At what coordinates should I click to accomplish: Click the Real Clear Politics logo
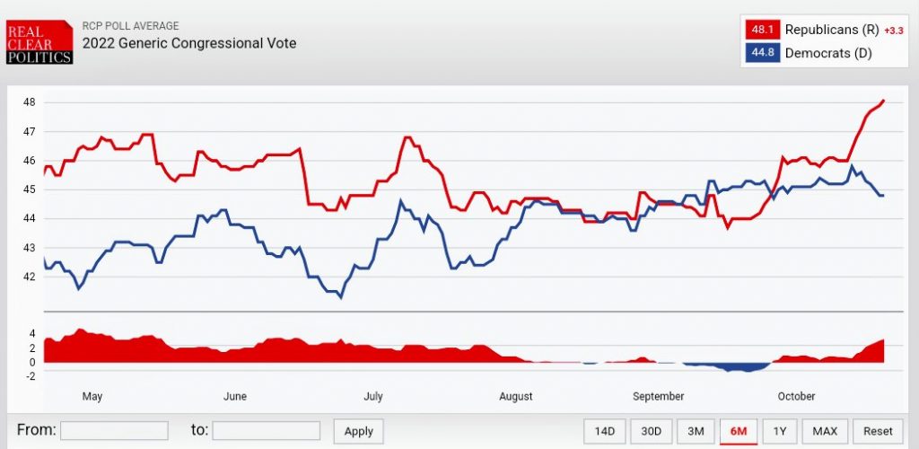pyautogui.click(x=39, y=40)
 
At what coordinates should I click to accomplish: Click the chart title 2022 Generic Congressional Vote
pyautogui.click(x=189, y=43)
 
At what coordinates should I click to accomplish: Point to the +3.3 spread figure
pyautogui.click(x=893, y=31)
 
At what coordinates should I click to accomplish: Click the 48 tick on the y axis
pyautogui.click(x=29, y=102)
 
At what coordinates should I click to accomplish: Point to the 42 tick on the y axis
pyautogui.click(x=29, y=277)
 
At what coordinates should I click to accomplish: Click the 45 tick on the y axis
pyautogui.click(x=29, y=189)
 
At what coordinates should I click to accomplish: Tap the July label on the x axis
pyautogui.click(x=372, y=396)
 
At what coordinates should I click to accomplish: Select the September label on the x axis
pyautogui.click(x=658, y=396)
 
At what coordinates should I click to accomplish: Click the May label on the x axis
pyautogui.click(x=92, y=396)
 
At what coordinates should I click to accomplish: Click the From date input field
pyautogui.click(x=114, y=430)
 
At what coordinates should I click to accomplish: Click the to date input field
pyautogui.click(x=266, y=430)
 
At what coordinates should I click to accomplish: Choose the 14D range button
pyautogui.click(x=605, y=431)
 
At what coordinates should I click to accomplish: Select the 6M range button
pyautogui.click(x=739, y=431)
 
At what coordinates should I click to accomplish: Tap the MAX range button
pyautogui.click(x=825, y=431)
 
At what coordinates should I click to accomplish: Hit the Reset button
pyautogui.click(x=878, y=431)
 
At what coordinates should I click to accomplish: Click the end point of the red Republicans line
pyautogui.click(x=884, y=101)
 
